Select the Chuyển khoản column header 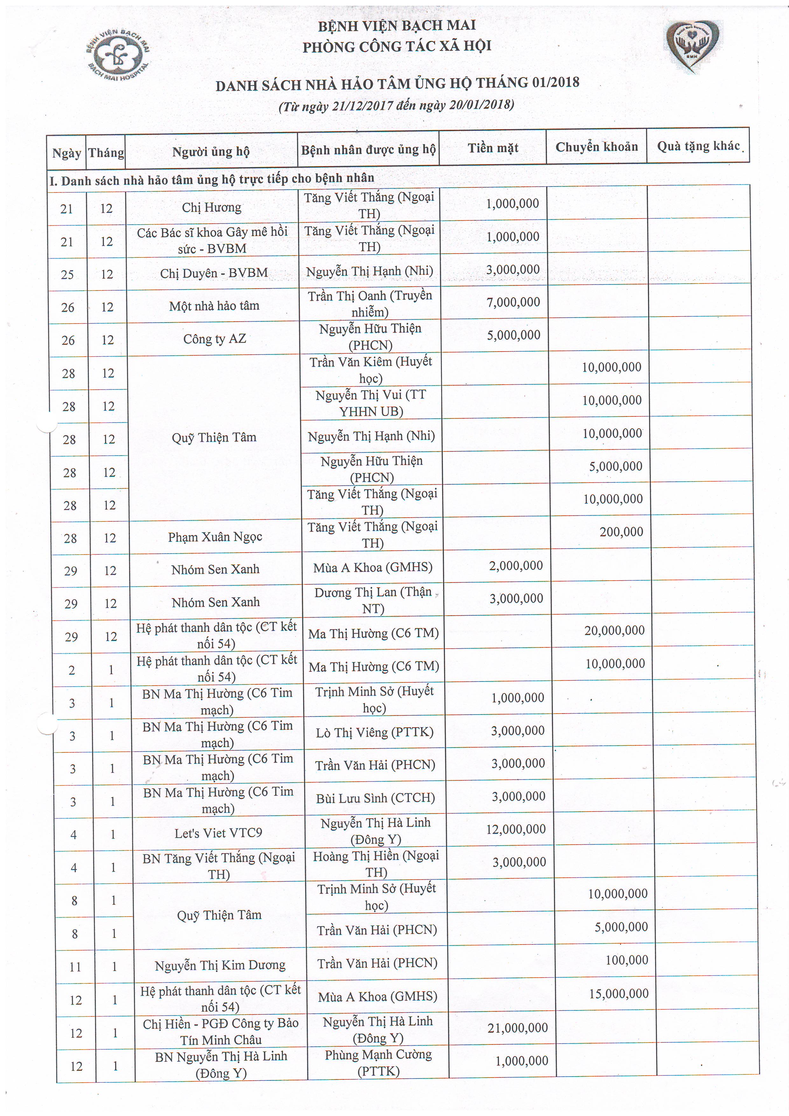pyautogui.click(x=597, y=147)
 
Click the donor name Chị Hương pyautogui.click(x=212, y=207)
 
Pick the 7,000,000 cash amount pyautogui.click(x=513, y=302)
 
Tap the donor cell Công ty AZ pyautogui.click(x=214, y=339)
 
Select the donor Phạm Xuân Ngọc pyautogui.click(x=215, y=537)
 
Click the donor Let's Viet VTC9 pyautogui.click(x=218, y=834)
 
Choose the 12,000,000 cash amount pyautogui.click(x=516, y=829)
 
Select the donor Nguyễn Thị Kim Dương pyautogui.click(x=220, y=965)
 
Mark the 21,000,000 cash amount pyautogui.click(x=518, y=1028)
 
